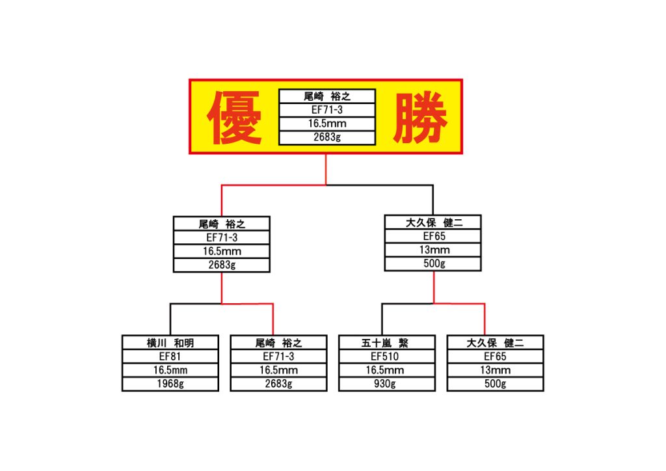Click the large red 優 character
[234, 118]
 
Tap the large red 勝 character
[420, 118]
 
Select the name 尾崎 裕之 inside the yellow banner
[327, 96]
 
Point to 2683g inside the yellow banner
[327, 137]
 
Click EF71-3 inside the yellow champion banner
[327, 110]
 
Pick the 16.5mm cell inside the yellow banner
[327, 124]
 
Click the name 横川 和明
[170, 343]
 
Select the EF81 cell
[170, 357]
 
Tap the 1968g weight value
[170, 384]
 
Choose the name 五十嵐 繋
[385, 343]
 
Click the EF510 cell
[385, 357]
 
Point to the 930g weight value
[385, 384]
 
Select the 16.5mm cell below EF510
[385, 370]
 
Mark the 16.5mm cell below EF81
[170, 370]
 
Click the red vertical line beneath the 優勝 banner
[326, 169]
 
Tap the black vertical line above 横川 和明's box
[170, 319]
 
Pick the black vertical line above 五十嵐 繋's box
[382, 319]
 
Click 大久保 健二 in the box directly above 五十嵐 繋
[434, 222]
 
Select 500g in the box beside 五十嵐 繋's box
[495, 384]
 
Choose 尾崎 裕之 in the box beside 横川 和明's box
[278, 343]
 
